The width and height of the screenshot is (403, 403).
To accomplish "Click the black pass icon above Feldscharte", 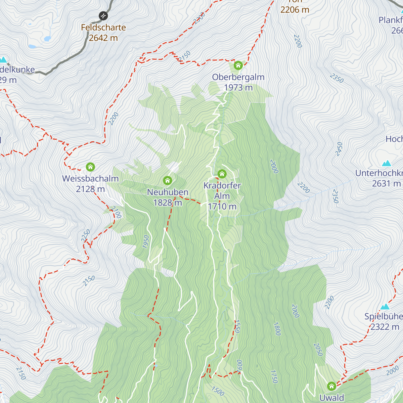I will (x=103, y=16).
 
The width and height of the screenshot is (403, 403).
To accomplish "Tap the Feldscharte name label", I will (x=103, y=28).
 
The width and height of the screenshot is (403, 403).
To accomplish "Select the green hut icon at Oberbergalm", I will (x=238, y=65).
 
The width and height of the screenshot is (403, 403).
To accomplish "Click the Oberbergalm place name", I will (x=238, y=77).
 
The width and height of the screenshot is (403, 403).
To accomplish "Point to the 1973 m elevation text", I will (x=238, y=88).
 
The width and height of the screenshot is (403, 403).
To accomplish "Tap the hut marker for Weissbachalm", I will (x=90, y=167).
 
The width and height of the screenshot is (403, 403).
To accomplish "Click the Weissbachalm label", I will (x=90, y=179).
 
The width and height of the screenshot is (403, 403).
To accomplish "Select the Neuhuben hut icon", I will (x=168, y=181).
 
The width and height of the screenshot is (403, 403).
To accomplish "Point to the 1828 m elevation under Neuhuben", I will (x=168, y=203).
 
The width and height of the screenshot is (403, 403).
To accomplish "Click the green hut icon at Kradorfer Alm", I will (x=222, y=174).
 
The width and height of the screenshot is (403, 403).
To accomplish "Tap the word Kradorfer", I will (x=222, y=186).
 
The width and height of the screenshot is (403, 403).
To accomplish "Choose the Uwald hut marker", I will (x=331, y=386).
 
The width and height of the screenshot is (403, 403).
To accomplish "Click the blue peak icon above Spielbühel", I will (x=385, y=307).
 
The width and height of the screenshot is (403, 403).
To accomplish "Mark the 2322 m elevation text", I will (x=385, y=327).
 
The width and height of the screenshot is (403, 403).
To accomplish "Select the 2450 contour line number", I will (x=339, y=149).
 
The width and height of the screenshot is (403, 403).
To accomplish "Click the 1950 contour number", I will (x=146, y=242).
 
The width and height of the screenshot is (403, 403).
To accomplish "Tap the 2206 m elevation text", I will (x=295, y=10).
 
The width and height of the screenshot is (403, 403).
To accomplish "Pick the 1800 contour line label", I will (x=277, y=329).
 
